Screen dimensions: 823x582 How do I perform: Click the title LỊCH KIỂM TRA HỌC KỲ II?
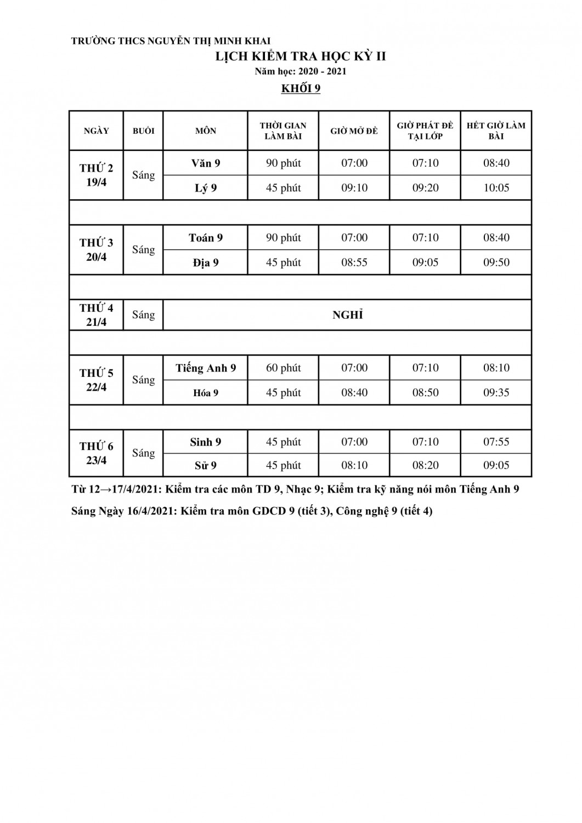(300, 56)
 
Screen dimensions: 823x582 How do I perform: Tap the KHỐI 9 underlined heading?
(301, 89)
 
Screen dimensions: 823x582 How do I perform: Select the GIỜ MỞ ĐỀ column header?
(354, 131)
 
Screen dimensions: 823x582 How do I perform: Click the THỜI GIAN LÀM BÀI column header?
(283, 131)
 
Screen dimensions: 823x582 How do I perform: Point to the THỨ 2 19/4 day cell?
(97, 175)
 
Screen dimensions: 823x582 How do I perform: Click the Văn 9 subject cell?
(206, 163)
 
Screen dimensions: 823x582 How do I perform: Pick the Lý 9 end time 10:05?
(496, 188)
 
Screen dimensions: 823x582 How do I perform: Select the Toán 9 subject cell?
(206, 238)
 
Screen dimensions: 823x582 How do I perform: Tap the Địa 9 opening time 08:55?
(354, 262)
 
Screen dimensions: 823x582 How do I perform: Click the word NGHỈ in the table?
(348, 315)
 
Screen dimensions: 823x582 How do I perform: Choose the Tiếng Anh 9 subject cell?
(206, 368)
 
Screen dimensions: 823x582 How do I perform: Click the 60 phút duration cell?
(283, 368)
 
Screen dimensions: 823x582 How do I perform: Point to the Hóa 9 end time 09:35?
(496, 392)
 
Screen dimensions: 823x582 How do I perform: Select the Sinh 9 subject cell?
(206, 442)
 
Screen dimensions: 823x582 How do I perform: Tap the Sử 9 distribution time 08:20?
(425, 465)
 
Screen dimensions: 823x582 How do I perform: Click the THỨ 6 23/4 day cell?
(97, 453)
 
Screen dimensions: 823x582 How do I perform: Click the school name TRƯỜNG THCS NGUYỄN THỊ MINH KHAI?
(171, 41)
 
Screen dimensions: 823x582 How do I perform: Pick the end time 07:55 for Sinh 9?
(496, 442)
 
